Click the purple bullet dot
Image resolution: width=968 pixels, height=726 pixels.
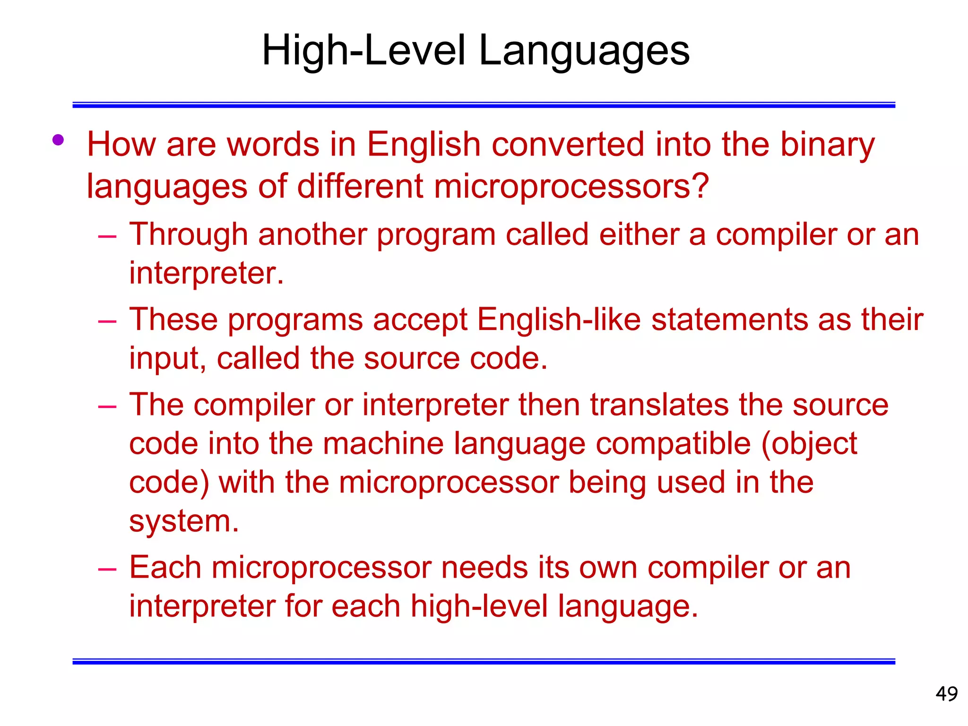pos(58,140)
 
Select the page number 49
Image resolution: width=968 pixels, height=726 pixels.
pos(946,694)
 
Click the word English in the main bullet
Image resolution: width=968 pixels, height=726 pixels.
pos(423,144)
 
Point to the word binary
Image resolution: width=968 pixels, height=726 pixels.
pos(827,145)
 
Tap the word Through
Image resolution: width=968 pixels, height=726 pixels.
pos(188,235)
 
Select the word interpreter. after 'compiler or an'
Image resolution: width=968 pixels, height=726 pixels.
pos(206,274)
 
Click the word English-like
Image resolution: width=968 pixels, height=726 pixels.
pos(559,320)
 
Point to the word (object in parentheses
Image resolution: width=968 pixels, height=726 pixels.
pos(809,444)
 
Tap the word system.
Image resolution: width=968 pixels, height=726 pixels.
pos(184,522)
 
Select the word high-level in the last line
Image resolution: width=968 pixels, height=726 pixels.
pos(479,606)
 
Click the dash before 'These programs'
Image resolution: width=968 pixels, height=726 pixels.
pos(107,321)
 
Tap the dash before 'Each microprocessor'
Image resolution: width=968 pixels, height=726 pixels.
pos(107,569)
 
